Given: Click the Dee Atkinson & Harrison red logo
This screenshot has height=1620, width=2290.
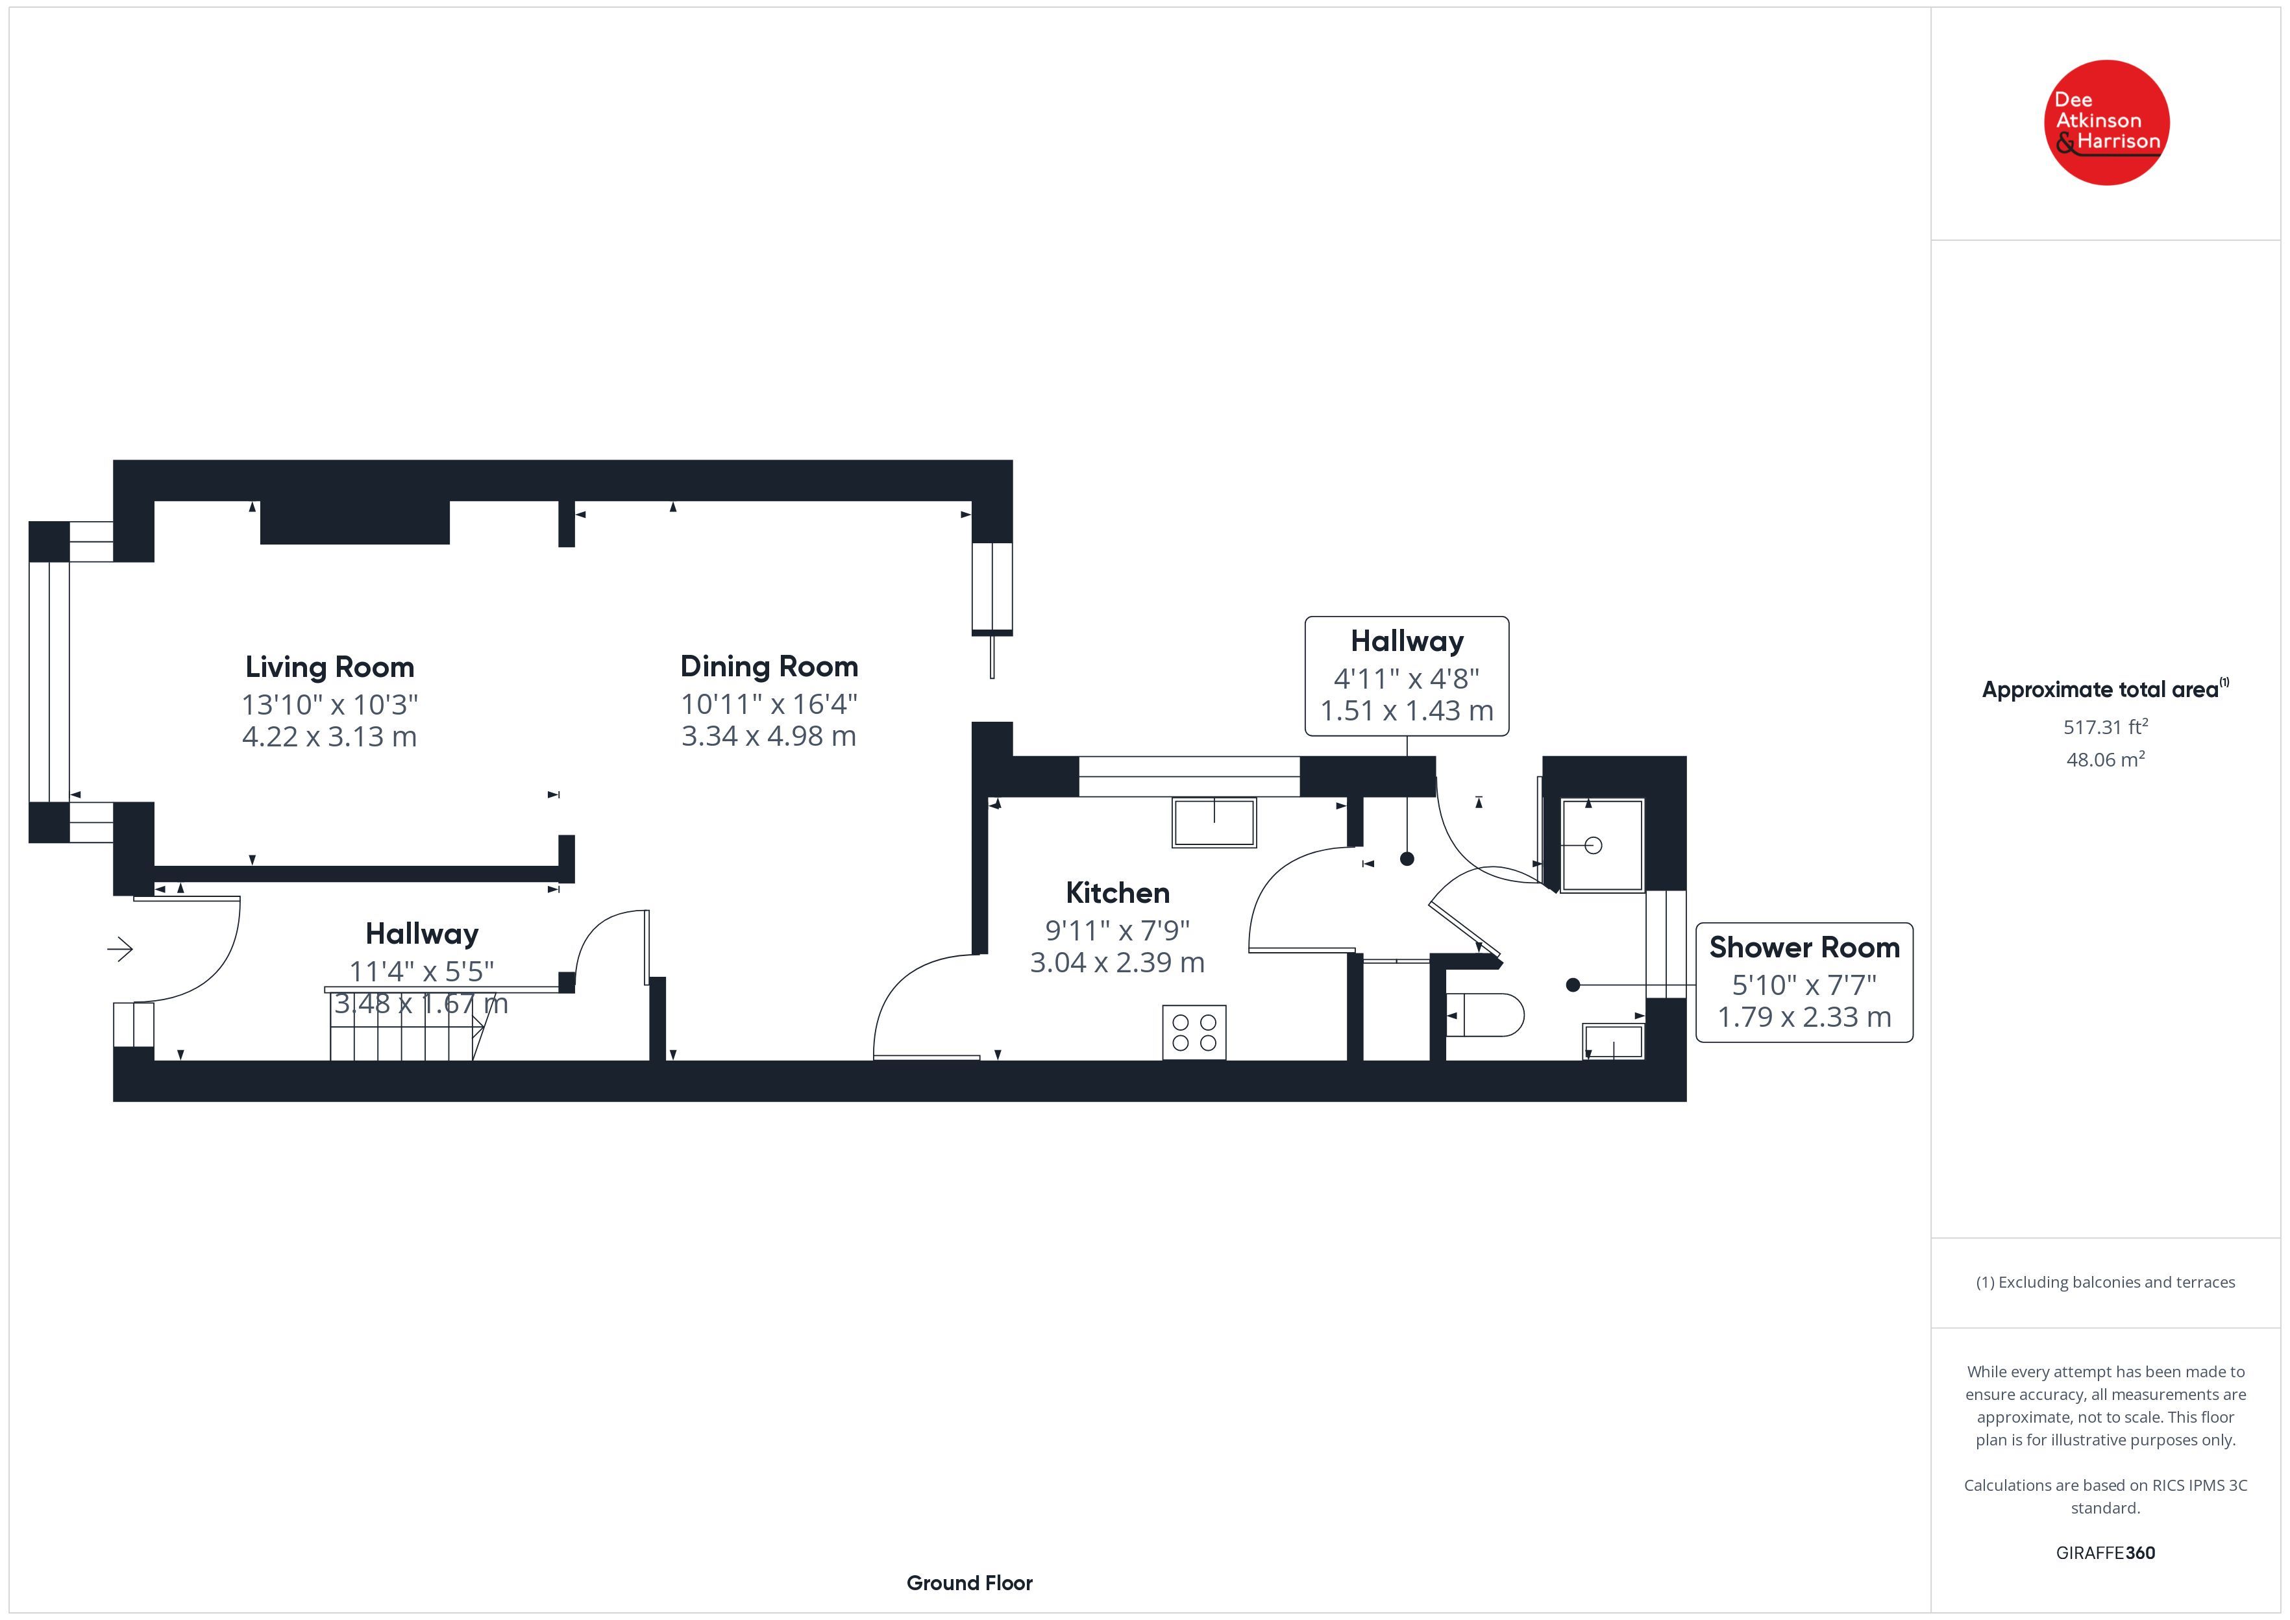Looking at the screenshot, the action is pos(2106,123).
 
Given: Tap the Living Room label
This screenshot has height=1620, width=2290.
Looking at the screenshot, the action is pos(330,667).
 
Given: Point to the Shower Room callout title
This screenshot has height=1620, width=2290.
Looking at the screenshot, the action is pos(1804,947).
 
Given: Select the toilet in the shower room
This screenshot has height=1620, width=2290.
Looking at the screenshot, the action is pos(1483,1016).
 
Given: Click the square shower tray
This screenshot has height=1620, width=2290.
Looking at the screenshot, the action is pos(1602,845).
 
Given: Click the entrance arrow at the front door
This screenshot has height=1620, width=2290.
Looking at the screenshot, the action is pos(119,949).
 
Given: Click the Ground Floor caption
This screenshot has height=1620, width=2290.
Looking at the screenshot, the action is pos(970,1583).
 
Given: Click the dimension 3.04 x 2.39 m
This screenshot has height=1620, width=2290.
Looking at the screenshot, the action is pos(1117,963).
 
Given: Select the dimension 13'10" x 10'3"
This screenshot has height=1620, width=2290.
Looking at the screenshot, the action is pos(330,704).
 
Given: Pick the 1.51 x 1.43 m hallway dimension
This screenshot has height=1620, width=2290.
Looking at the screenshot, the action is pos(1407,710).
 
